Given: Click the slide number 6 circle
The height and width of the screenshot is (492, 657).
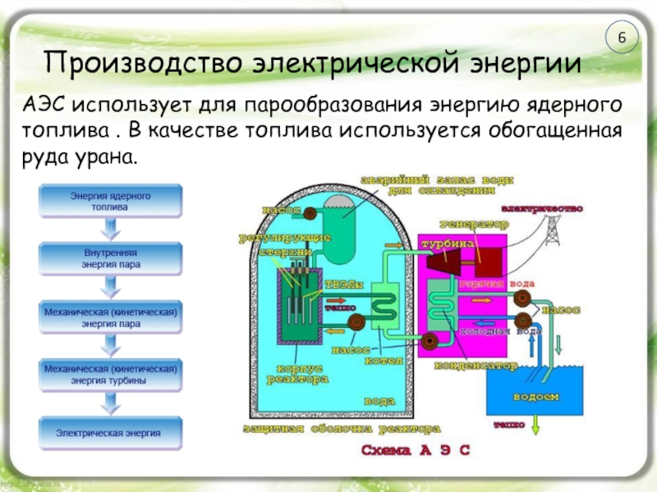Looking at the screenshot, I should pos(623,39).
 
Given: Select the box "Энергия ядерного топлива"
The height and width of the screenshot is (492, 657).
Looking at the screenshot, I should pos(110,200).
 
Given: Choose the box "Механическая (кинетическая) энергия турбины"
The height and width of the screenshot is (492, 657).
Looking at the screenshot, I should pos(110,375).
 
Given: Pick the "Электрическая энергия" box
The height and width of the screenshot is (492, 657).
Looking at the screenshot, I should pos(110,431).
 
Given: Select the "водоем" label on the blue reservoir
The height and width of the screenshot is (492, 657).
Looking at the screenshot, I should pos(535,396).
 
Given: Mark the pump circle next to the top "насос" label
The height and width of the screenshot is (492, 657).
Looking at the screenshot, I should pos(311,212).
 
